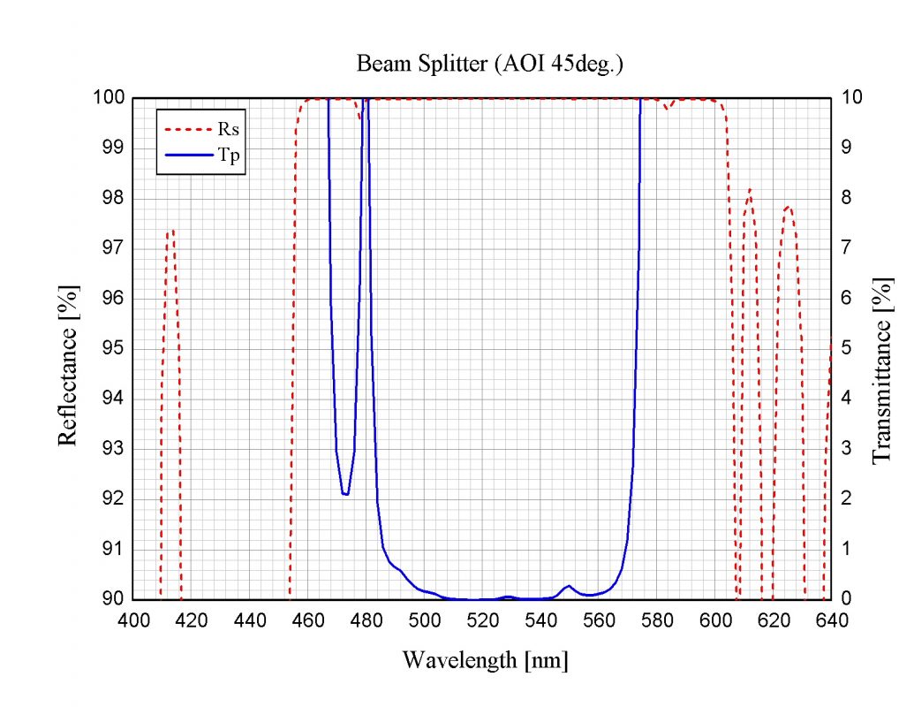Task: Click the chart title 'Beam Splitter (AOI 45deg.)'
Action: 491,65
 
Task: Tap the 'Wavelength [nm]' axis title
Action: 485,660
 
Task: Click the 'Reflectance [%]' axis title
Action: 68,365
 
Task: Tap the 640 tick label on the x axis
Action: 831,620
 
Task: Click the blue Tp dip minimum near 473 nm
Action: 345,494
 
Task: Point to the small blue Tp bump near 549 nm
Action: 568,586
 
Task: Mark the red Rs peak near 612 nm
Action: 750,189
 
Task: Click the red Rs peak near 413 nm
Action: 173,231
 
